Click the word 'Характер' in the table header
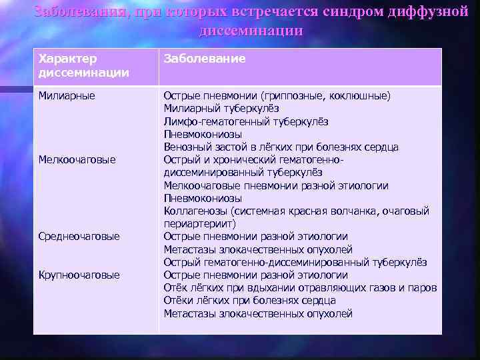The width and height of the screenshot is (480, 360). tap(67, 59)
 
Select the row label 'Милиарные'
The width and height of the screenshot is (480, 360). tap(67, 95)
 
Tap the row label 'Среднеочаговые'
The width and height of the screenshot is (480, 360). tap(79, 237)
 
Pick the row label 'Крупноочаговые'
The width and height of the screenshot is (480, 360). tap(79, 275)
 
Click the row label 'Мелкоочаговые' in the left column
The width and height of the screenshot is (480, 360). tap(77, 159)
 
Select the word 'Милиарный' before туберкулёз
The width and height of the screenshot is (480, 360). tap(190, 108)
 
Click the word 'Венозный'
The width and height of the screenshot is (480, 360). tap(186, 147)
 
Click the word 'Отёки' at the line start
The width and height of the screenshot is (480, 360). tap(178, 301)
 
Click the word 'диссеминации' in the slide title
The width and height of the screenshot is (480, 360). tap(250, 31)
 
